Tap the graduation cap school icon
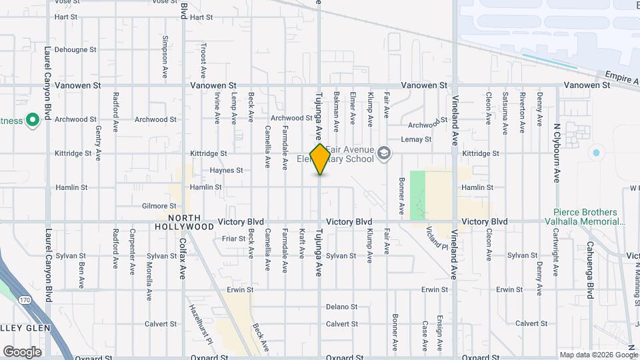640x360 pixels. click(383, 154)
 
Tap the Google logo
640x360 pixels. click(22, 352)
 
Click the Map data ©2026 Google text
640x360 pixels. click(598, 355)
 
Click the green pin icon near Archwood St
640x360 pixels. click(32, 121)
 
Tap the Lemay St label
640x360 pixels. click(417, 139)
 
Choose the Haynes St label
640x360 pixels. click(226, 171)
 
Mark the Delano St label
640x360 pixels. click(341, 307)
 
